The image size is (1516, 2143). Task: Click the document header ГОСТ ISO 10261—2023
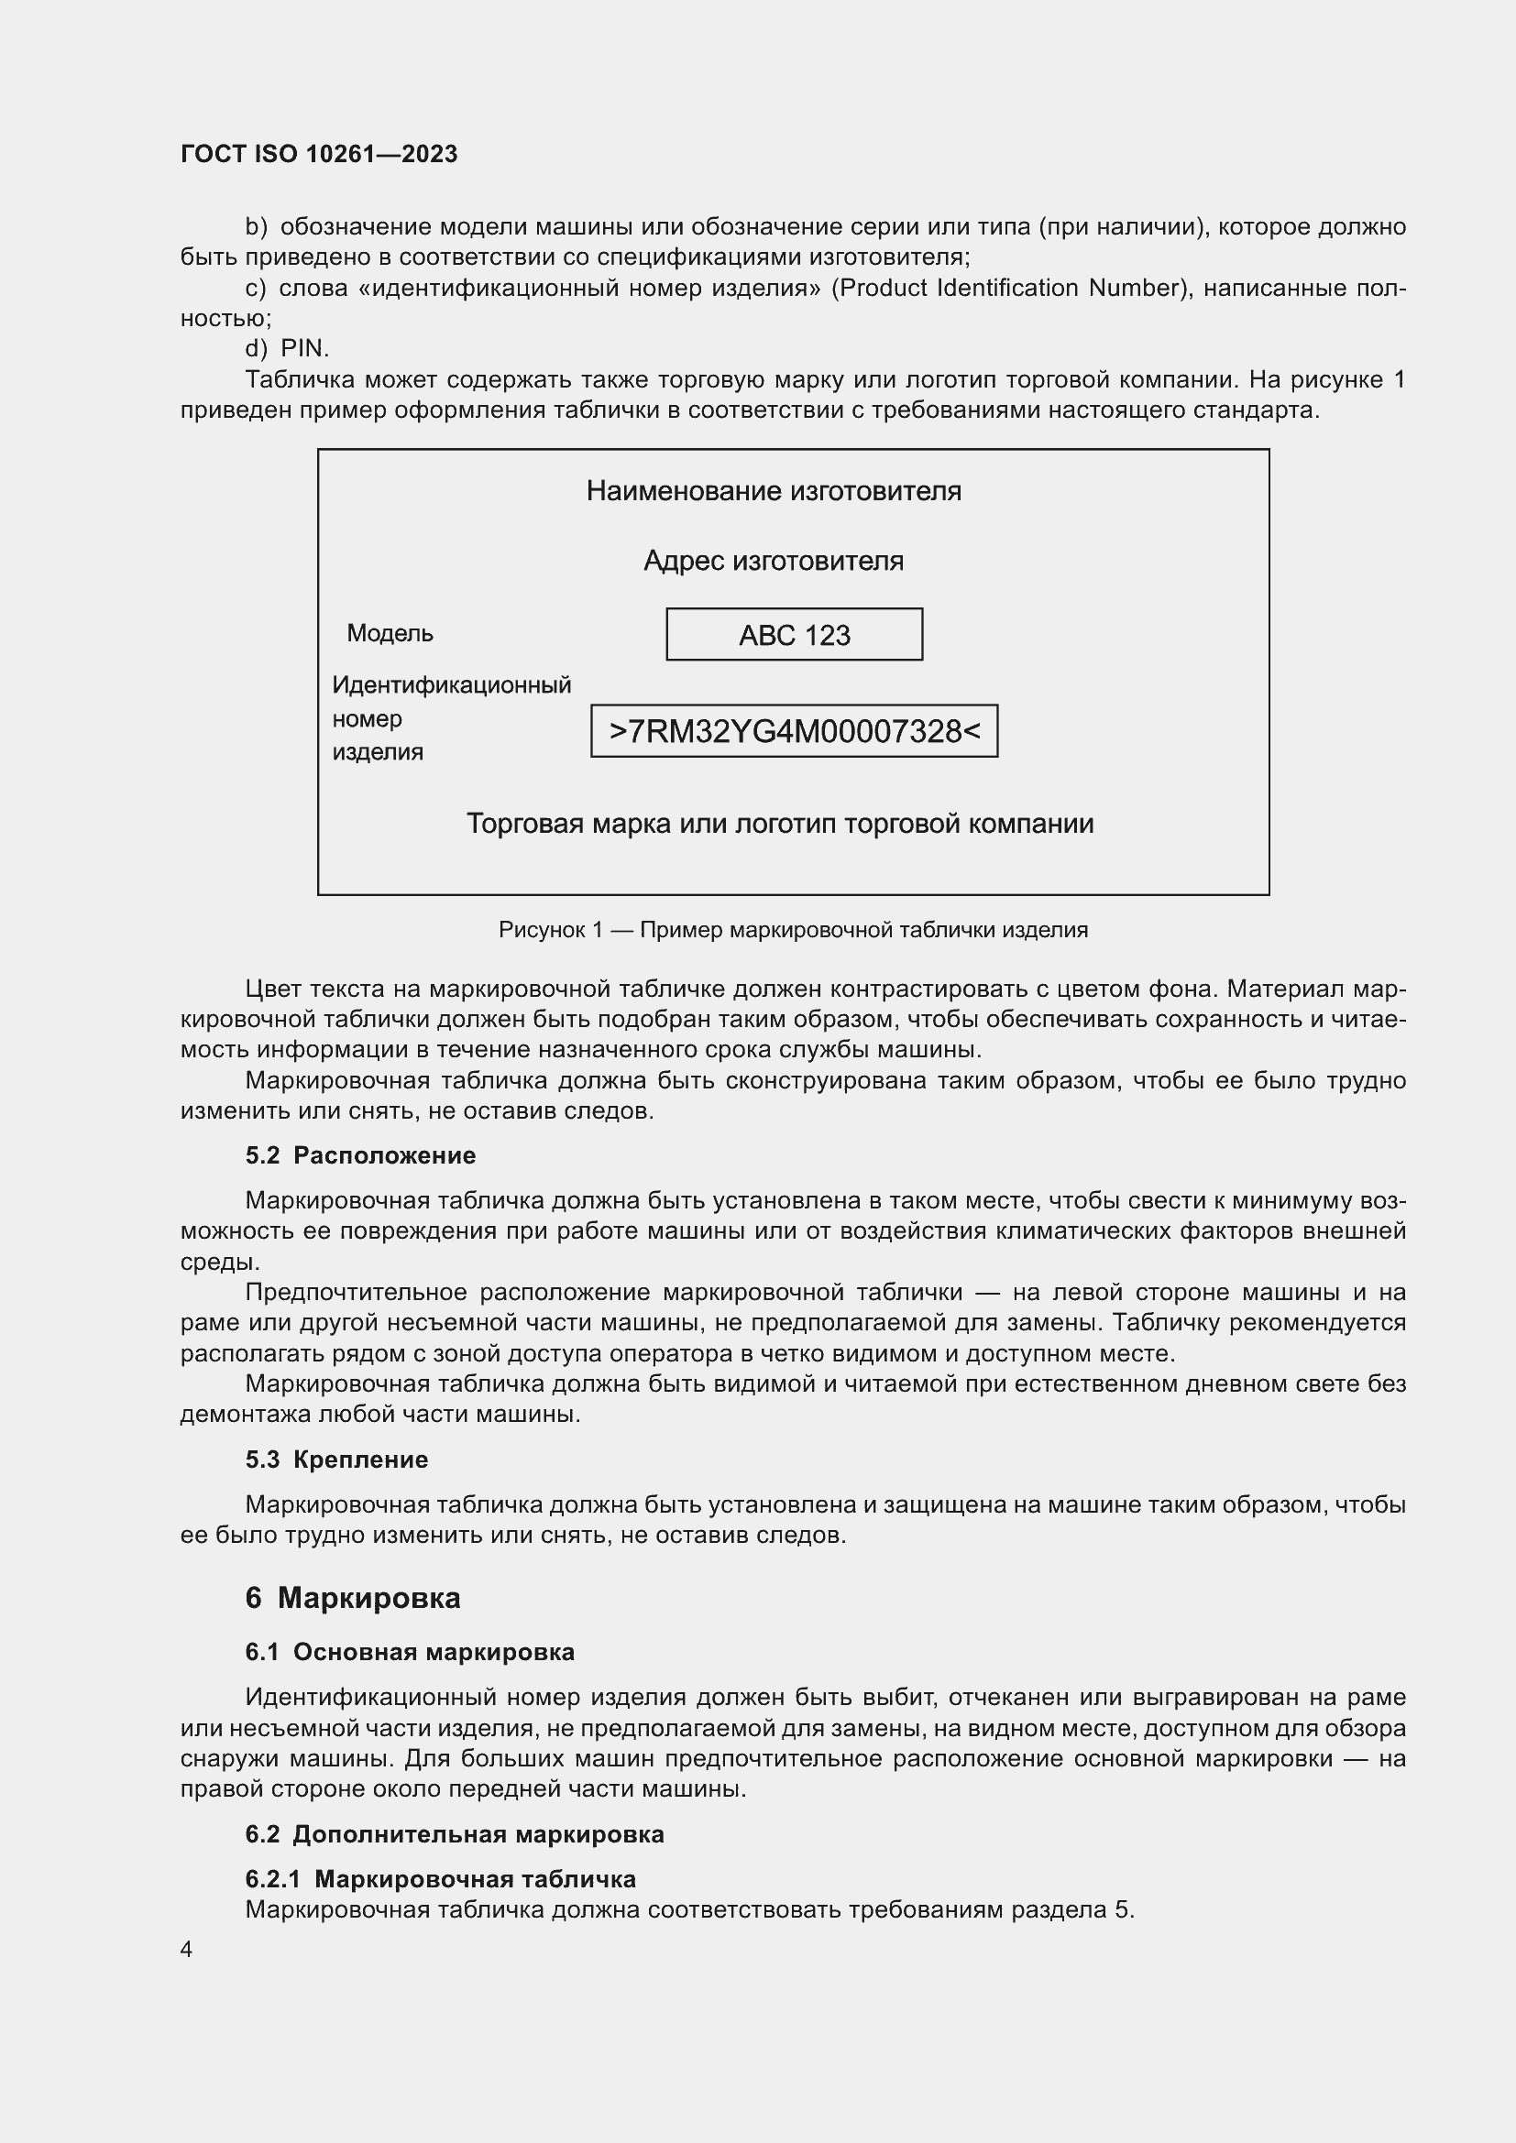click(x=319, y=154)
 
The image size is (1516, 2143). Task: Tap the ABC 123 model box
click(x=794, y=635)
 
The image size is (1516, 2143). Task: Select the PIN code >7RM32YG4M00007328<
click(x=794, y=731)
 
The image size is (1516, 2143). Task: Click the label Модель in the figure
click(x=390, y=634)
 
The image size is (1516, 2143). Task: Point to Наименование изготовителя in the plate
click(x=773, y=491)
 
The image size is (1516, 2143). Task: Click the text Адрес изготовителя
click(x=773, y=561)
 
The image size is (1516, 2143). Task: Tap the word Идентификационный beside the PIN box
click(x=452, y=685)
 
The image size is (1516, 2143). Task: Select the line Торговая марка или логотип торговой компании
click(x=779, y=825)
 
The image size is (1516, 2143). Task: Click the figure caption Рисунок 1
click(x=793, y=930)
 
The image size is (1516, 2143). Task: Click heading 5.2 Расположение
click(x=360, y=1155)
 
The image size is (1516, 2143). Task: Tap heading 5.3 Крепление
click(x=336, y=1460)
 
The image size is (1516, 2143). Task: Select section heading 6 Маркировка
click(x=353, y=1598)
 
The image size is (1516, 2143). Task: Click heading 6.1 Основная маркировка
click(x=410, y=1652)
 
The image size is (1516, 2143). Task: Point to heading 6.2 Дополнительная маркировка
click(x=455, y=1834)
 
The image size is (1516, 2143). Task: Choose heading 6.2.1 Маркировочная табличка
click(x=441, y=1879)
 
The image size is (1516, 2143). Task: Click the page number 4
click(x=187, y=1949)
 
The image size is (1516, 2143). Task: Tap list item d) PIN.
click(x=287, y=348)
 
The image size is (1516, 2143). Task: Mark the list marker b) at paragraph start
click(x=256, y=227)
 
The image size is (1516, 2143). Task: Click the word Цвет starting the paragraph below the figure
click(x=273, y=989)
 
